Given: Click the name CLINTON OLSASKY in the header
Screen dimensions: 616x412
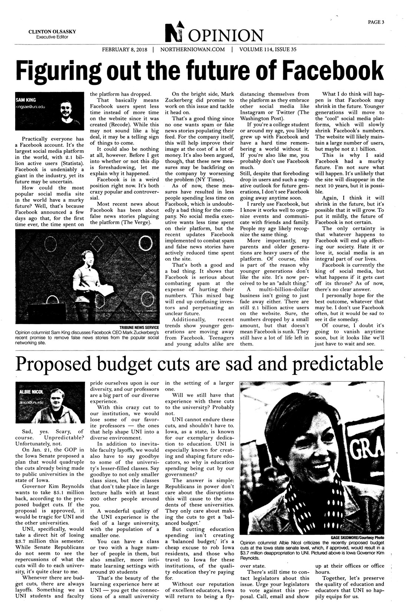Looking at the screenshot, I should tap(52, 32).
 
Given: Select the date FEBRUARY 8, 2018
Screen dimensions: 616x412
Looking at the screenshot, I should tap(125, 50).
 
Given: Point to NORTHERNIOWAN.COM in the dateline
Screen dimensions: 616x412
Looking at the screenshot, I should tap(193, 50).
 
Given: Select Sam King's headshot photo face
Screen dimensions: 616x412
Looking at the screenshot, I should tap(68, 110).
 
